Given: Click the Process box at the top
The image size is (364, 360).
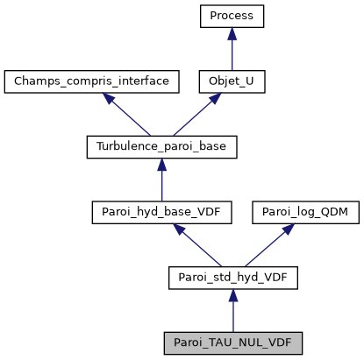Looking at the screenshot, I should point(232,16).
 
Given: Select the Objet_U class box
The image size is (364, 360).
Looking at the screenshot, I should point(232,82).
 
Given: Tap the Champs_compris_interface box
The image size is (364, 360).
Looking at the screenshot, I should point(91,82).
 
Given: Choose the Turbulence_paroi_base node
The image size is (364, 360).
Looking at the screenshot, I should point(161,147).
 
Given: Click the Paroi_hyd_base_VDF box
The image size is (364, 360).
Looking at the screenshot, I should point(161,212).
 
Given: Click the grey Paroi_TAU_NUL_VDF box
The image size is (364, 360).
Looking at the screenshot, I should point(232,342).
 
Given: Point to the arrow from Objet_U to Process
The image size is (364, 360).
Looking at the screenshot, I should point(232,49).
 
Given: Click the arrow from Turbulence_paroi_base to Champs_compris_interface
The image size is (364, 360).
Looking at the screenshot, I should point(126,115).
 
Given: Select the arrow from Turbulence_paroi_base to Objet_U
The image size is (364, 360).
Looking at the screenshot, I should point(196,115).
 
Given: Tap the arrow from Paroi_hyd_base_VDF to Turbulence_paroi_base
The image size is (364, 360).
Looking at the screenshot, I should point(161,180).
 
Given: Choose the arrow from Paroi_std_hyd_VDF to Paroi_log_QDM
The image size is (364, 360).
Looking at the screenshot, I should point(268,245).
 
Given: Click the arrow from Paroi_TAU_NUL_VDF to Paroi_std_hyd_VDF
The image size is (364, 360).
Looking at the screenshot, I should point(232,310).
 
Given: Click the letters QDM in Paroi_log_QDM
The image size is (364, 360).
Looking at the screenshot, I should point(330,212).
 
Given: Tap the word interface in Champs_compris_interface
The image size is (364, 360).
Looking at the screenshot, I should point(148,82).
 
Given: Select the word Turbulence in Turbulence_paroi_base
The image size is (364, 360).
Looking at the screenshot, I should point(125,147).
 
